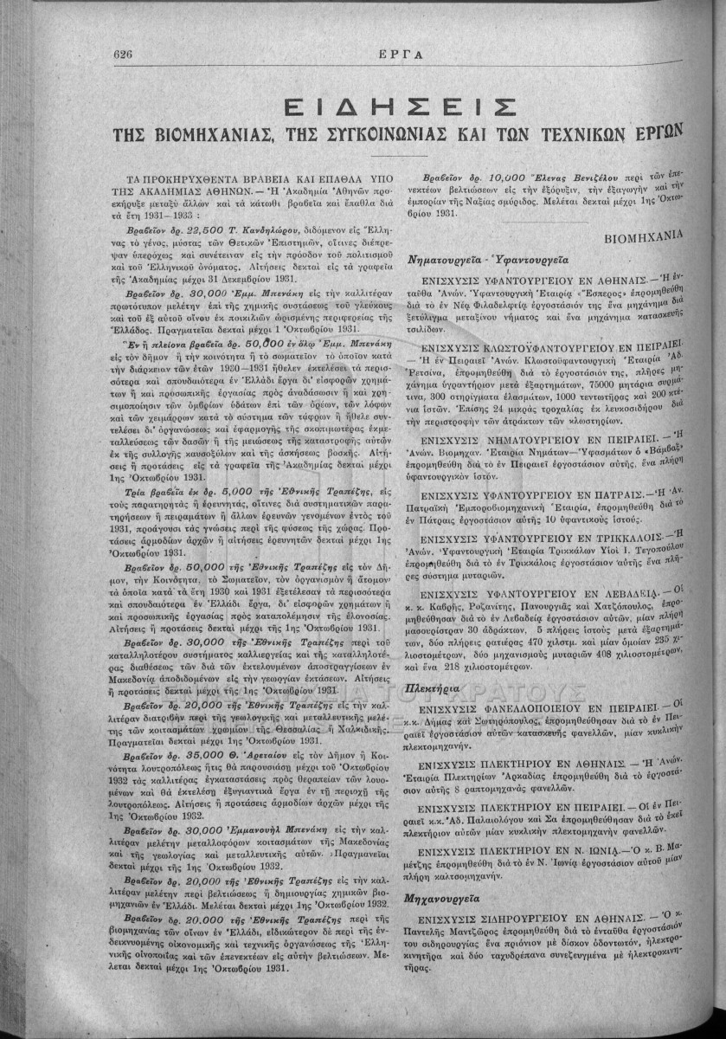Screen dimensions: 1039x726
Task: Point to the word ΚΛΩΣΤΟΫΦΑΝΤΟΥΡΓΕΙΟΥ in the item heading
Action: tap(558, 345)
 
